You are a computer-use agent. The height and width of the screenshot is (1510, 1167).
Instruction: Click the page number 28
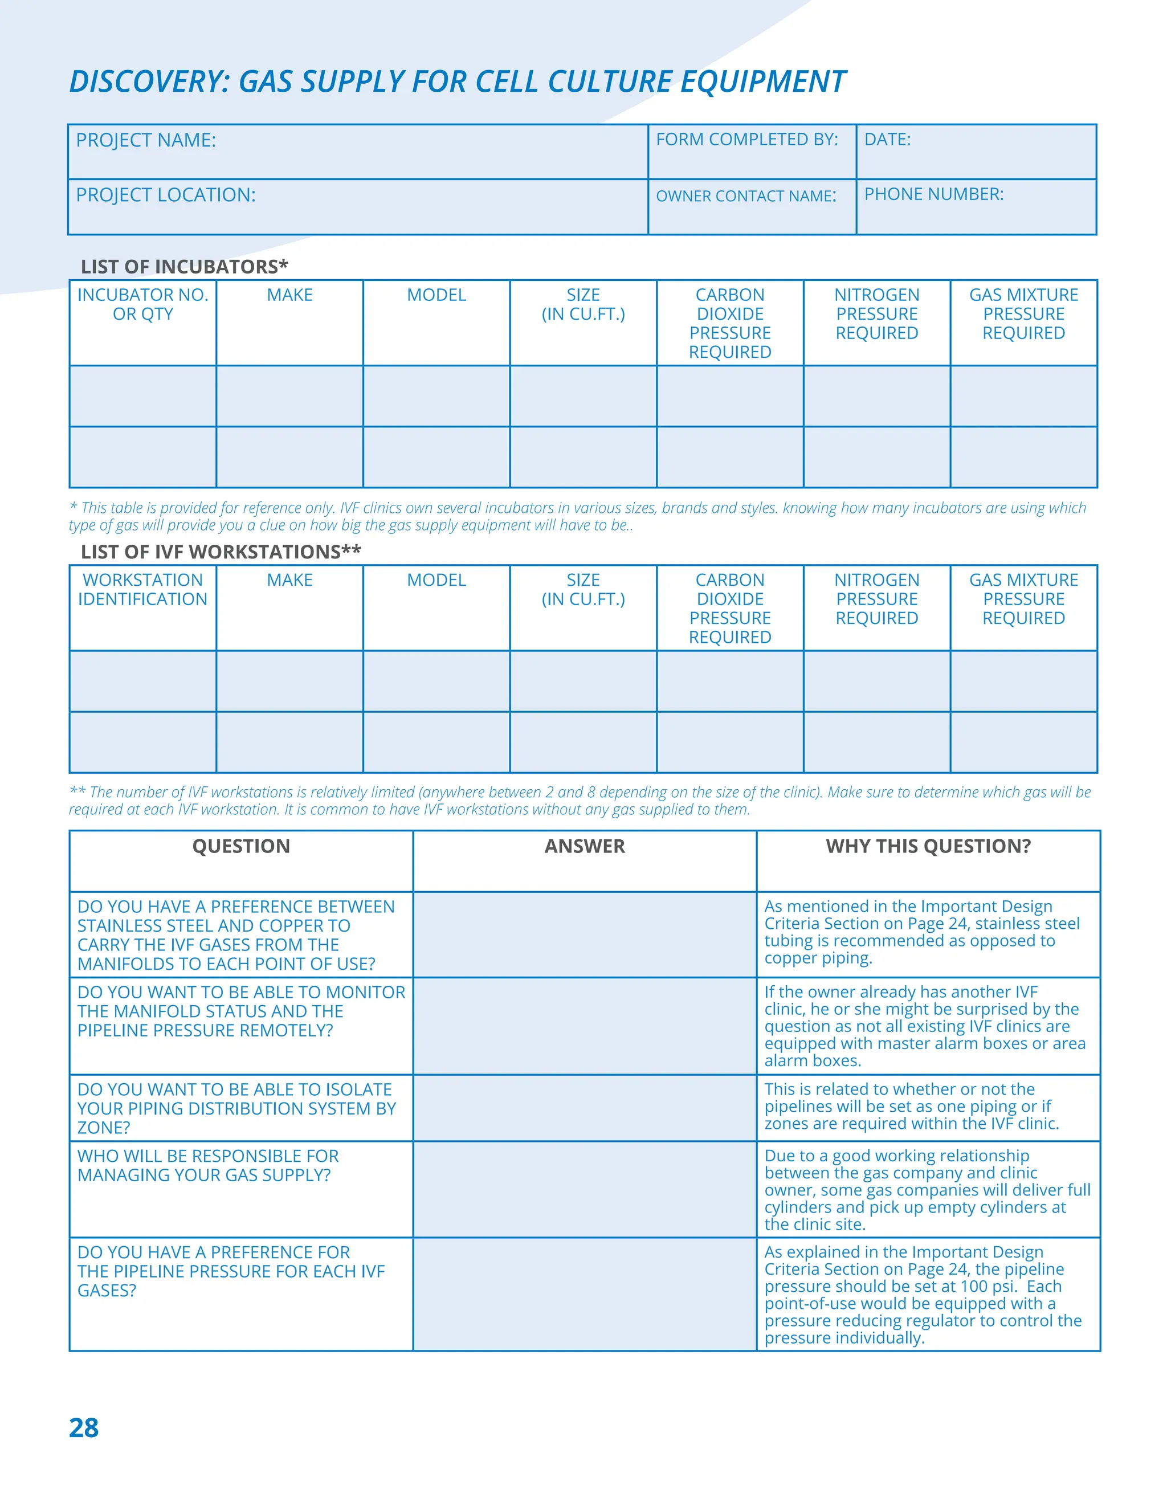pyautogui.click(x=84, y=1428)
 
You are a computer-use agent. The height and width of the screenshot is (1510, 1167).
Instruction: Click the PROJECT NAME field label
pyautogui.click(x=146, y=140)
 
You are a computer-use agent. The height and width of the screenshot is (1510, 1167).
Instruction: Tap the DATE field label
pyautogui.click(x=887, y=140)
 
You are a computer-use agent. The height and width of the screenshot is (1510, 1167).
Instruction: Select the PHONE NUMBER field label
pyautogui.click(x=933, y=194)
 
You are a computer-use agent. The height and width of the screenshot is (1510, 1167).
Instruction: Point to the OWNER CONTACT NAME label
pyautogui.click(x=746, y=197)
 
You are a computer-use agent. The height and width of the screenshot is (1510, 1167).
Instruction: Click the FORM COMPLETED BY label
pyautogui.click(x=746, y=140)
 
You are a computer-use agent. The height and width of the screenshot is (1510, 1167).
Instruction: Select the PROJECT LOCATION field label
pyautogui.click(x=165, y=195)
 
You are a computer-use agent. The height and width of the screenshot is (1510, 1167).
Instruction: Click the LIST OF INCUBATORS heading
pyautogui.click(x=184, y=267)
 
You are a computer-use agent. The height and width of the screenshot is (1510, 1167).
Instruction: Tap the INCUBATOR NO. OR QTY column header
pyautogui.click(x=142, y=304)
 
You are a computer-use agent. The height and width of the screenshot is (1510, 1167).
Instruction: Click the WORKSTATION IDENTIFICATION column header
pyautogui.click(x=142, y=589)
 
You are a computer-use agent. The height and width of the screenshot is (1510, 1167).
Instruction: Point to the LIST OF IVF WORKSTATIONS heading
pyautogui.click(x=221, y=552)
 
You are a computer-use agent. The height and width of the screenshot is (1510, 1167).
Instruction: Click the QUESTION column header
pyautogui.click(x=240, y=846)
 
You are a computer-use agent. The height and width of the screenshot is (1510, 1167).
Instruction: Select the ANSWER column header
pyautogui.click(x=584, y=846)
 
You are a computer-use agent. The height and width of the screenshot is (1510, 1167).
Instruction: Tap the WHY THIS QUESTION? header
pyautogui.click(x=928, y=846)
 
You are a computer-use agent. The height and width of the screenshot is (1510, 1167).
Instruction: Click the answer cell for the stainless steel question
pyautogui.click(x=584, y=934)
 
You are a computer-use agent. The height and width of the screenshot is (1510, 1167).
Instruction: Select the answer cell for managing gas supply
pyautogui.click(x=584, y=1189)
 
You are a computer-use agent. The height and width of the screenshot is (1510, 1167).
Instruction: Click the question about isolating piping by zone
pyautogui.click(x=236, y=1108)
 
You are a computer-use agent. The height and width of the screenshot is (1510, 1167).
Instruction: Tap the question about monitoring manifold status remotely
pyautogui.click(x=240, y=1011)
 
